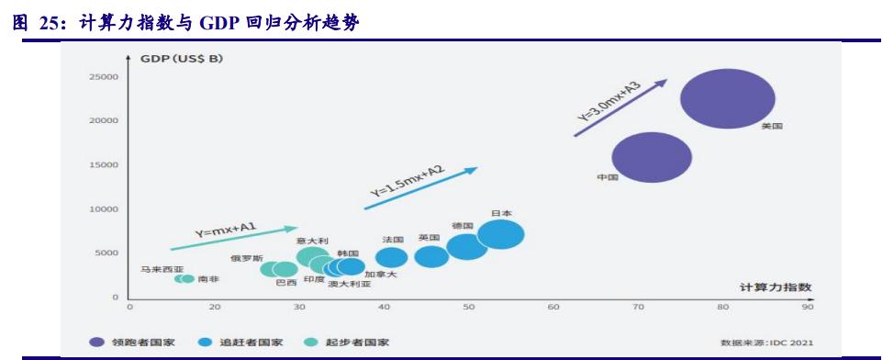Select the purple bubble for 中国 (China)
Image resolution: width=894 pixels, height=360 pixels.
[x=652, y=157]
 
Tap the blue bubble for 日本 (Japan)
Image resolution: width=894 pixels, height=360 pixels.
[x=500, y=234]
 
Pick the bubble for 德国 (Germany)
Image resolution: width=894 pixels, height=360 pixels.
[x=466, y=246]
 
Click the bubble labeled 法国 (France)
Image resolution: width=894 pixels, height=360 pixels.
[x=392, y=258]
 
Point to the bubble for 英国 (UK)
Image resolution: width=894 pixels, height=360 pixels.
[x=430, y=255]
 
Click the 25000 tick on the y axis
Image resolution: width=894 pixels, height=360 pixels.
[x=103, y=77]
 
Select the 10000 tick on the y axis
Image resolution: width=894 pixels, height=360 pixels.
[x=103, y=209]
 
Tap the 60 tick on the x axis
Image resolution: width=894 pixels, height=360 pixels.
[x=553, y=308]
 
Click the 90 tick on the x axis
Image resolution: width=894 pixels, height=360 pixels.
[x=808, y=308]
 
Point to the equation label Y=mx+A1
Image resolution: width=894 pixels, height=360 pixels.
[x=226, y=229]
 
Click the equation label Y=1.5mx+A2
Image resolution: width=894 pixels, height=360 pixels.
[x=407, y=180]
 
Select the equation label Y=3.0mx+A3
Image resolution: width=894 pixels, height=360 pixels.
[x=609, y=103]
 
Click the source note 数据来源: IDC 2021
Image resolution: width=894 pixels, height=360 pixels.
[x=766, y=343]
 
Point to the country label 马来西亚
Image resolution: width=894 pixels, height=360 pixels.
[x=162, y=269]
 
